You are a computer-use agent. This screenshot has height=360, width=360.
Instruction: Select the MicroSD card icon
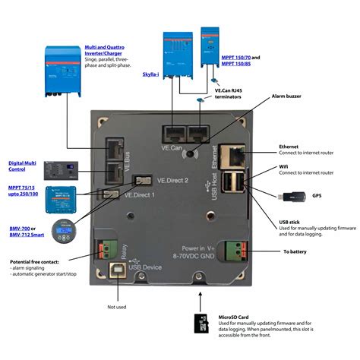[203, 324]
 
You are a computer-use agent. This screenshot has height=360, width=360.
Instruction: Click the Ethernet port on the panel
[235, 156]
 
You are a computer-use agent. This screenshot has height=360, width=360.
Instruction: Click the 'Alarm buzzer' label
[289, 98]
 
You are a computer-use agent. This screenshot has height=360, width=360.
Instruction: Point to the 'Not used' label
[116, 307]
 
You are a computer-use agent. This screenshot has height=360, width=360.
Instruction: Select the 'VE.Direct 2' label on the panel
[172, 180]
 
